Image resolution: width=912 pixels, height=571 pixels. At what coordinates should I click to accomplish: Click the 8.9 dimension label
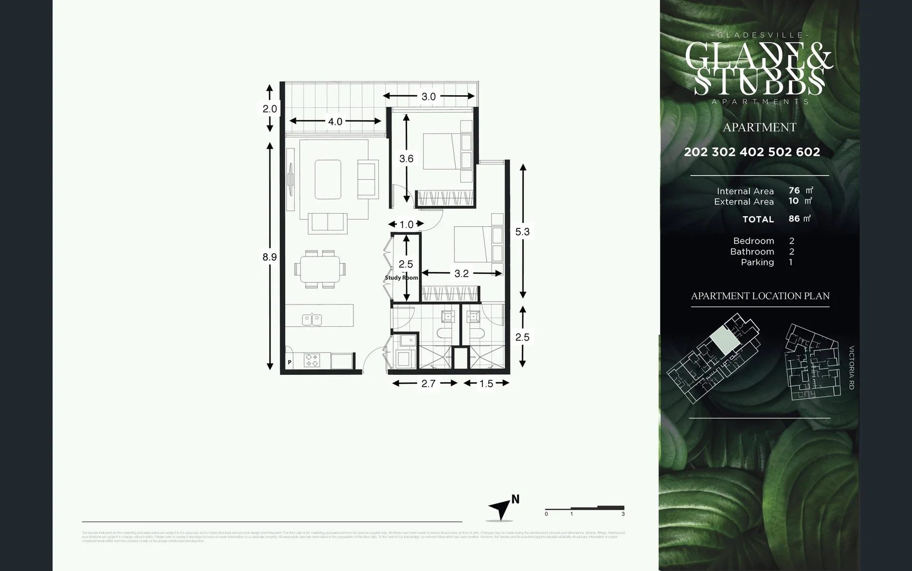tap(269, 257)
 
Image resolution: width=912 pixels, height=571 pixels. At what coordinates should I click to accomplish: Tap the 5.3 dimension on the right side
tap(522, 232)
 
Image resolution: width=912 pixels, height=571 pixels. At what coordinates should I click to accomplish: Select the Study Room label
tap(401, 278)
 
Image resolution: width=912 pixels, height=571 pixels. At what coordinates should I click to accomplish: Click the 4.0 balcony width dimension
tap(335, 122)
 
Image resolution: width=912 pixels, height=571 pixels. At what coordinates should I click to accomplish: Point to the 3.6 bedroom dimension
tap(406, 159)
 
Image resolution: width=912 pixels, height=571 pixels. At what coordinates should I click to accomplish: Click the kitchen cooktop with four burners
tap(312, 361)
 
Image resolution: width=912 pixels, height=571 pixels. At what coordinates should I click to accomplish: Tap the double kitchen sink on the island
tap(312, 319)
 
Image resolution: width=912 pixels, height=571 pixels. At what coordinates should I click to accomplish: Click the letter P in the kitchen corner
tap(290, 363)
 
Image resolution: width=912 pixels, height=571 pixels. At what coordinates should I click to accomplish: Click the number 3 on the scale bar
tap(623, 514)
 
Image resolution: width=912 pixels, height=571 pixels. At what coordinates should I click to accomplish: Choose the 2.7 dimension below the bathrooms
tap(428, 383)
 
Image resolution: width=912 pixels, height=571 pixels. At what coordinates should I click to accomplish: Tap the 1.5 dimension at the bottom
tap(486, 383)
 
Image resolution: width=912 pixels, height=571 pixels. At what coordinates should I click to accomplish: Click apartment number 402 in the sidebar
tap(752, 152)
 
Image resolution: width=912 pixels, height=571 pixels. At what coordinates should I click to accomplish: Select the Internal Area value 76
tap(794, 190)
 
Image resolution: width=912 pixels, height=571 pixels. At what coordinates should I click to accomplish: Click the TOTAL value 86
tap(794, 218)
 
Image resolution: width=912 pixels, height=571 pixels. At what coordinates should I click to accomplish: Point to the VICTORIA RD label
tap(851, 367)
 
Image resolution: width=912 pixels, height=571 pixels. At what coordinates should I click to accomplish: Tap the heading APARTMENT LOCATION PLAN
tap(760, 296)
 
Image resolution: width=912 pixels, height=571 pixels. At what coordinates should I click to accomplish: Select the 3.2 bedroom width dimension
tap(461, 273)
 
